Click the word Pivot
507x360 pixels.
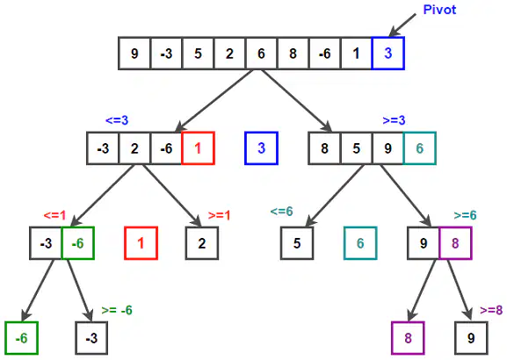click(439, 10)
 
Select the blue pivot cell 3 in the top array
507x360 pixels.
click(387, 54)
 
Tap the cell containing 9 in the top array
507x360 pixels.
click(134, 54)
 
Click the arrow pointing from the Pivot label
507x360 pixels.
click(402, 25)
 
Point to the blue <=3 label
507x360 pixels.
click(117, 120)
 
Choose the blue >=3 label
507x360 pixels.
click(394, 120)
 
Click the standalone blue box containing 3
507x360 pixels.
click(261, 148)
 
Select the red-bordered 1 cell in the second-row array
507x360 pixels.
click(198, 148)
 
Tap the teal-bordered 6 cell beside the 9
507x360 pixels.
click(419, 148)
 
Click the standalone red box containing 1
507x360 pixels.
click(141, 243)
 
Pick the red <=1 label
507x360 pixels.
click(54, 215)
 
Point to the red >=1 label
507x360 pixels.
click(219, 215)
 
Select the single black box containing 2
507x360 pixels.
click(202, 243)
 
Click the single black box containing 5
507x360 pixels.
click(297, 243)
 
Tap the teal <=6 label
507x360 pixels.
click(281, 212)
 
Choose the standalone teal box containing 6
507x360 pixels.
click(360, 243)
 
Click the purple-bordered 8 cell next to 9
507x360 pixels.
click(455, 243)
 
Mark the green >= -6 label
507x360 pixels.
click(117, 310)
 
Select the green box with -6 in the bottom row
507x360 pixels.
click(22, 338)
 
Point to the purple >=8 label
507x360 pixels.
click(491, 310)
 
